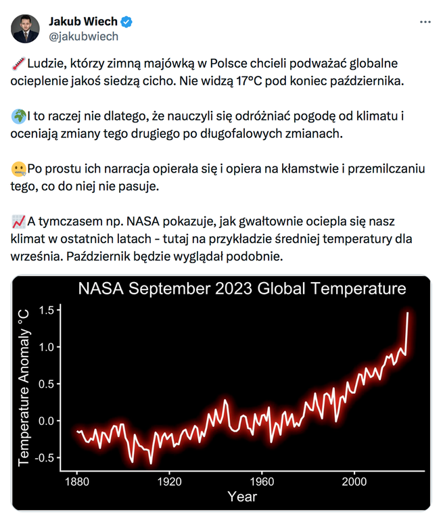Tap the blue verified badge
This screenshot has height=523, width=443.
click(126, 22)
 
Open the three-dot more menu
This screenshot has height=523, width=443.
click(425, 22)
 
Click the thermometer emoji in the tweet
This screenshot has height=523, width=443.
click(18, 64)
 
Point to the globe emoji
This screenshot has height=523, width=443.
click(18, 116)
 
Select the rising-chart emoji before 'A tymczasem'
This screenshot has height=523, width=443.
click(18, 222)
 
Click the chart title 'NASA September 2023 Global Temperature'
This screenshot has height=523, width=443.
click(241, 290)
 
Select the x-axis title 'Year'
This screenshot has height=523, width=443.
click(241, 497)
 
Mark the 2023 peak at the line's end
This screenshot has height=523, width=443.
click(407, 313)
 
